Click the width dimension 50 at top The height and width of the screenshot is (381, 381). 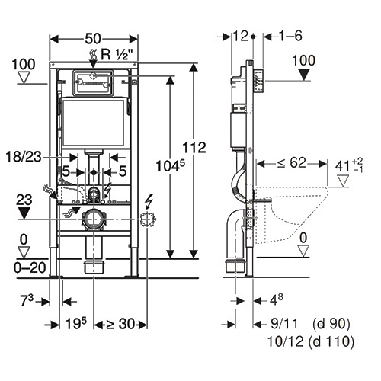point(93,39)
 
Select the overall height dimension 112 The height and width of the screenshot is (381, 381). point(194,148)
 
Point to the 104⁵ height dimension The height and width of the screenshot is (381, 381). point(171,166)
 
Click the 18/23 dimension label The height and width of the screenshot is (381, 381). point(24,157)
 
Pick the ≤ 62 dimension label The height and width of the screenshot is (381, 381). point(291,162)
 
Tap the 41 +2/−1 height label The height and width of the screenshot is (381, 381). point(349,165)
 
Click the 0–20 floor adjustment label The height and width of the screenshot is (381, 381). point(30,267)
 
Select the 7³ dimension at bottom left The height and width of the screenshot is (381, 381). point(27,301)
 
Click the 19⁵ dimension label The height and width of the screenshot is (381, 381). point(76,323)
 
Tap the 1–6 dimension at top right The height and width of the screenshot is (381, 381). point(290,36)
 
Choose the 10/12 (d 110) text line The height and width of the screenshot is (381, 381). point(311,341)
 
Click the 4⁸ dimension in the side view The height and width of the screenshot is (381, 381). point(276,300)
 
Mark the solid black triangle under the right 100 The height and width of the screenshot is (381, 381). point(304,75)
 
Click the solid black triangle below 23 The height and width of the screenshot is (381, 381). point(24,213)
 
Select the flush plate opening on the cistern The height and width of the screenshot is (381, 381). point(93,83)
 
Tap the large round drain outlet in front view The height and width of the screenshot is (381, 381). point(94,219)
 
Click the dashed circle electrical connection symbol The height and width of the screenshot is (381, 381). point(148,219)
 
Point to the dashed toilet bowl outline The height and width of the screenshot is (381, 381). point(291,214)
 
